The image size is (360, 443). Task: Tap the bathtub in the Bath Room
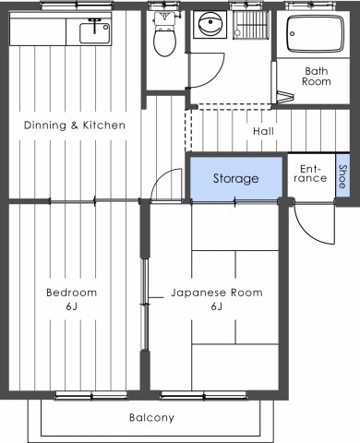(315, 33)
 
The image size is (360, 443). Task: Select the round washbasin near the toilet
(210, 24)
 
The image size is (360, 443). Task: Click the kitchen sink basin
(95, 33)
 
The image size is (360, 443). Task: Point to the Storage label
(236, 178)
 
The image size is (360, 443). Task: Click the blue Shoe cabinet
(342, 176)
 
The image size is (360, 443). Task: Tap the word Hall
(263, 131)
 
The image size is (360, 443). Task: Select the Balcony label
(151, 418)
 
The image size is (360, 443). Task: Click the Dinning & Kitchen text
(75, 126)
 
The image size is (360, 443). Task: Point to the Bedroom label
(72, 293)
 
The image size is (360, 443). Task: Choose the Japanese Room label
(217, 293)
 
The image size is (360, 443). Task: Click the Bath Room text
(317, 77)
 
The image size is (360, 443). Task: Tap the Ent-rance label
(310, 174)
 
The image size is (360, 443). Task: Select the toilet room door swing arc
(215, 77)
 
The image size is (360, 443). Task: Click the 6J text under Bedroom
(71, 306)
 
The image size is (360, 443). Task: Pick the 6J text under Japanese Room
(217, 306)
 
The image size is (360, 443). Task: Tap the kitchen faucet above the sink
(95, 26)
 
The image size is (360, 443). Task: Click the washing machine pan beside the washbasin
(251, 25)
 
